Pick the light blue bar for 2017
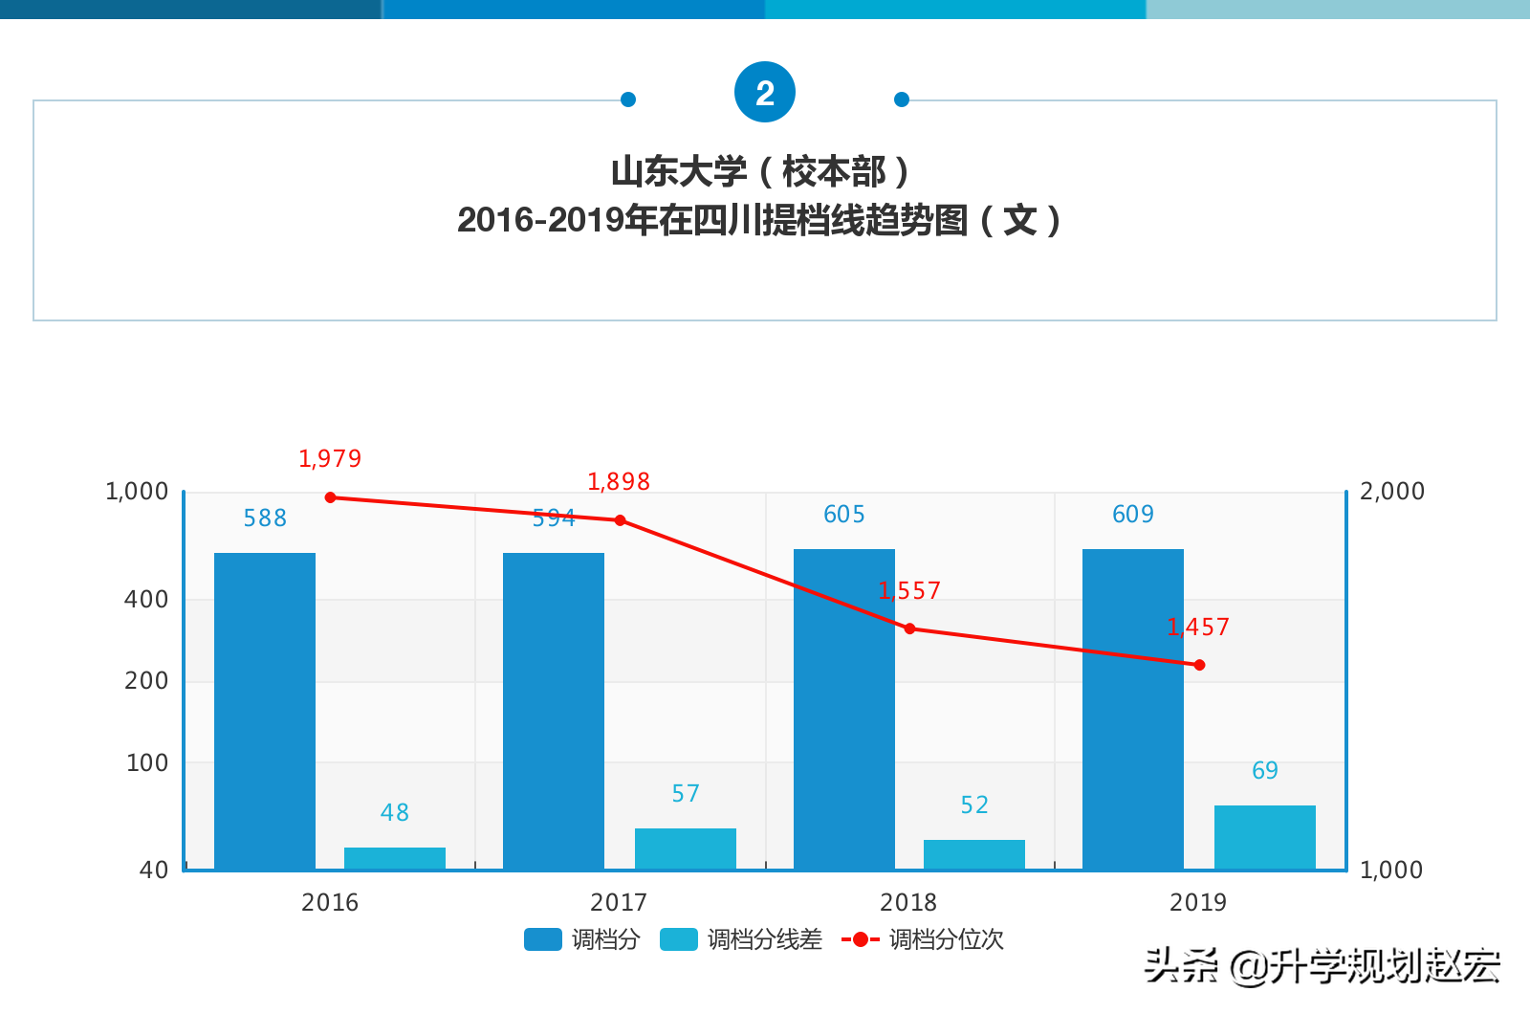(686, 849)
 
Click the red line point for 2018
(909, 628)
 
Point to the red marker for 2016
(331, 497)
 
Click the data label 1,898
(619, 482)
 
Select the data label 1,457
(1198, 628)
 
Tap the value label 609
(1133, 515)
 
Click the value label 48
(395, 813)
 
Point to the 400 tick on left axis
(146, 600)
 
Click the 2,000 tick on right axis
(1391, 492)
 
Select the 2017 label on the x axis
(619, 902)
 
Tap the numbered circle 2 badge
(765, 93)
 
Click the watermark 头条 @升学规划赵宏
(1322, 966)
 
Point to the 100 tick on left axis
(147, 763)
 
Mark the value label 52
(974, 805)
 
